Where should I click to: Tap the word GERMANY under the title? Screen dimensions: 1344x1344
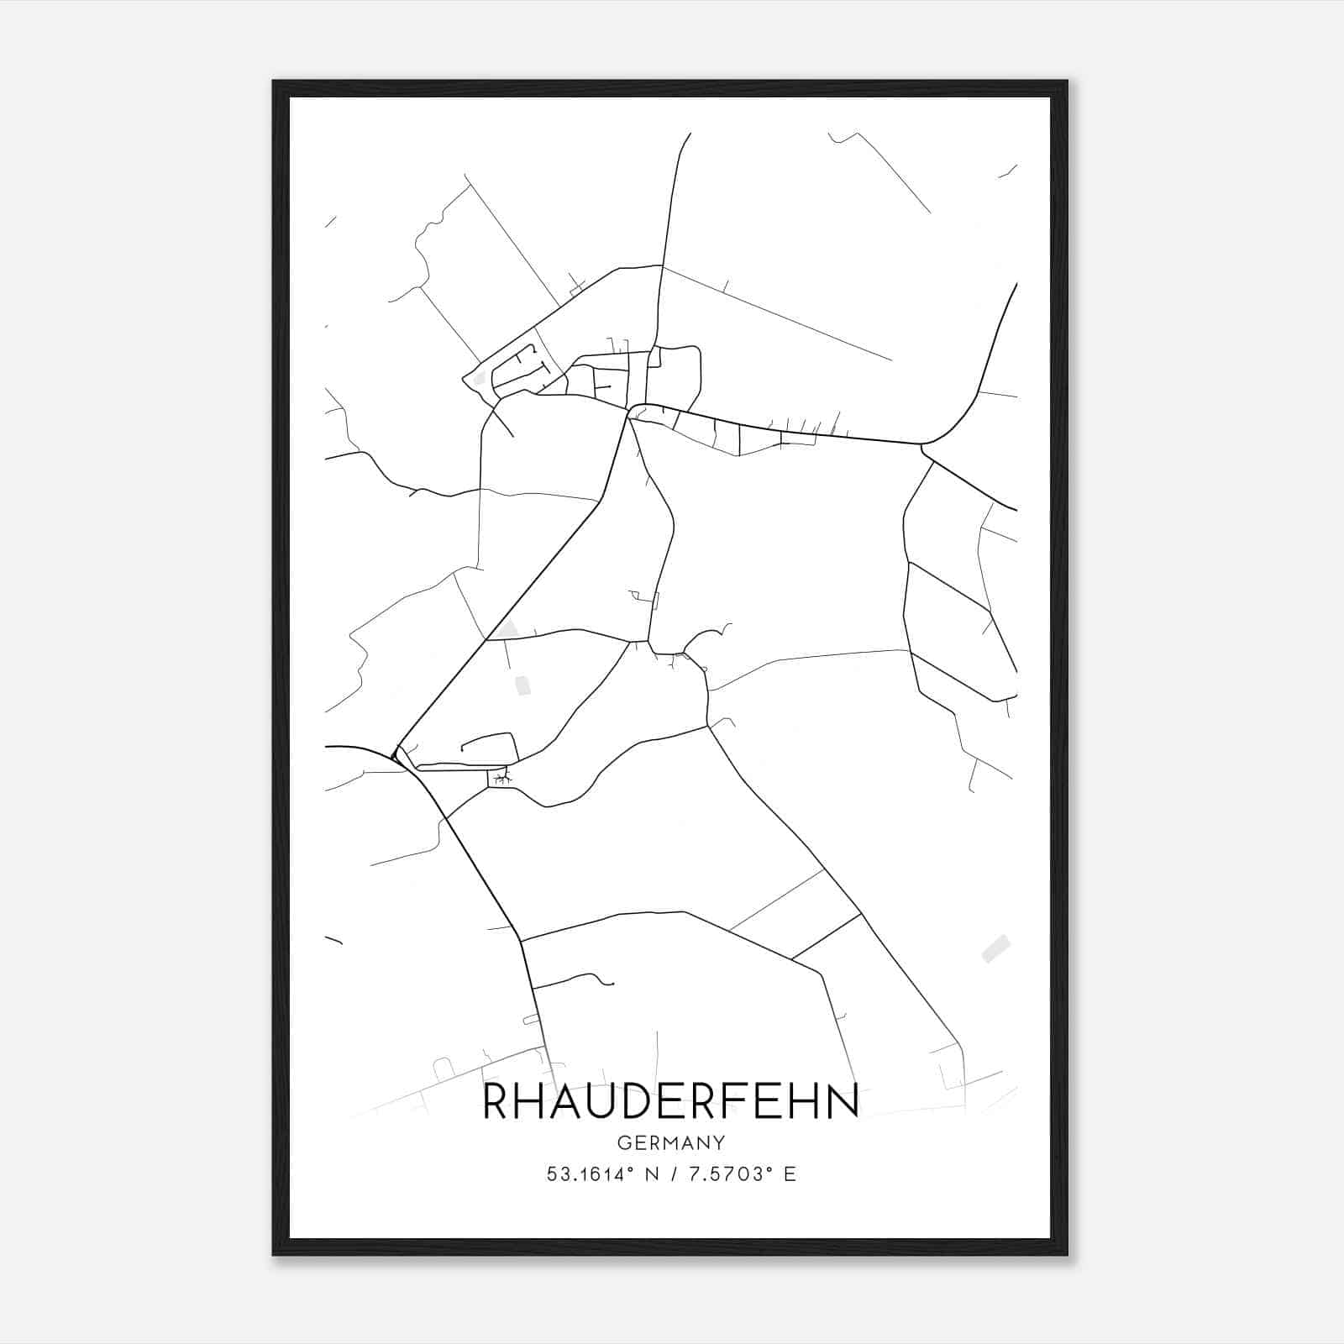click(671, 1142)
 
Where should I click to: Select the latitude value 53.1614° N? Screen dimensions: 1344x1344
click(601, 1174)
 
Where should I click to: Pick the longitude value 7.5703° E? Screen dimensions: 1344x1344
click(742, 1174)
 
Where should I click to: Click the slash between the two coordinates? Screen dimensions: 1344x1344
click(671, 1174)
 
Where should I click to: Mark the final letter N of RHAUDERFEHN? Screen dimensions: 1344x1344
click(843, 1100)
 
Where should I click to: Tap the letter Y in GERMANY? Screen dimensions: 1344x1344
click(719, 1142)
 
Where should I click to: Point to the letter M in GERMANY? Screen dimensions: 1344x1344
click(671, 1142)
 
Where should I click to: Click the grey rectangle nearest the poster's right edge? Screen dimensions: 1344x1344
click(995, 948)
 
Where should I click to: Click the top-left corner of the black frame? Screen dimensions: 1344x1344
click(275, 82)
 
